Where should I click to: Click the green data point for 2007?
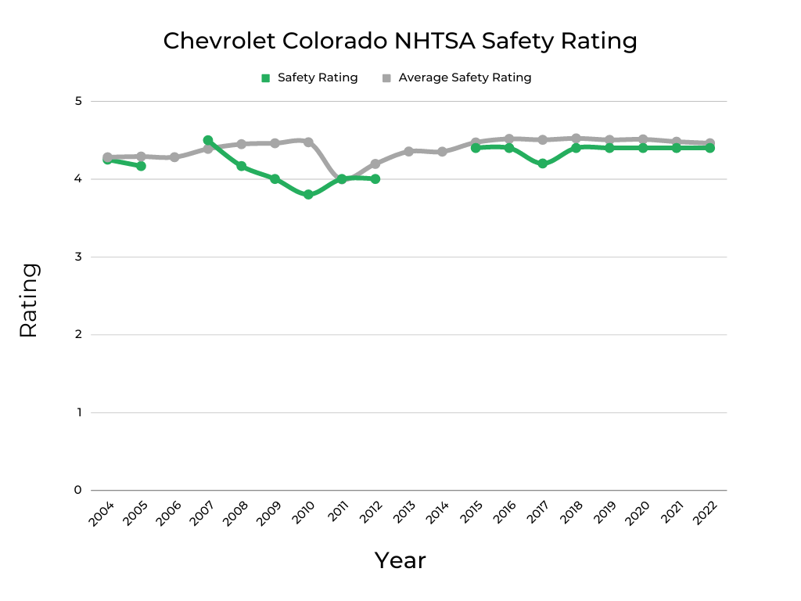tap(208, 141)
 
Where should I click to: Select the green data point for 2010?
tap(308, 195)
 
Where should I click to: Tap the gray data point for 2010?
tap(308, 142)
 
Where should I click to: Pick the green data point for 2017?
tap(542, 164)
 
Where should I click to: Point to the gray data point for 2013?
tap(408, 151)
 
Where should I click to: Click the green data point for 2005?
tap(141, 166)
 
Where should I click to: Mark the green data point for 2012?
tap(375, 179)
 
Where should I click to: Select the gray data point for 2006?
tap(174, 157)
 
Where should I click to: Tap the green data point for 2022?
tap(709, 148)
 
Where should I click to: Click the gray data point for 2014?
tap(442, 152)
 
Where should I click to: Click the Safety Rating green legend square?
tap(265, 78)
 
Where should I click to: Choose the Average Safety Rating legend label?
tap(465, 78)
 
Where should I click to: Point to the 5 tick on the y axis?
tap(78, 101)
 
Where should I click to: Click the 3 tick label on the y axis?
tap(78, 257)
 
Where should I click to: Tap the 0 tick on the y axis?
tap(78, 491)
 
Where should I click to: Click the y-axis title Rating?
tap(28, 300)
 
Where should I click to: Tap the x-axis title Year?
tap(400, 560)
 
